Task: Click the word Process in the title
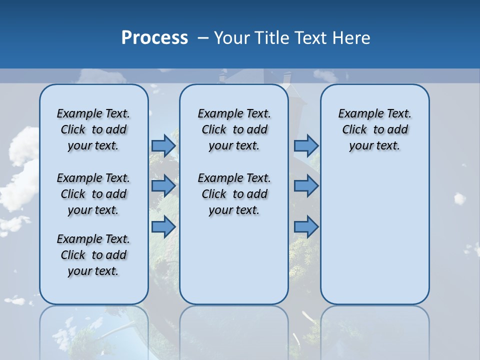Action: [x=154, y=37]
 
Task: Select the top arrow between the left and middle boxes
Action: [x=163, y=145]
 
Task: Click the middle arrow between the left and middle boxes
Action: [x=163, y=186]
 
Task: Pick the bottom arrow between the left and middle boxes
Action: [x=163, y=227]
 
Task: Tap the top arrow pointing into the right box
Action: [x=306, y=145]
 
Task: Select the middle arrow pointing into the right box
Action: [x=306, y=186]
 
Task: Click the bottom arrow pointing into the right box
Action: [x=306, y=227]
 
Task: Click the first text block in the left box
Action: [x=93, y=129]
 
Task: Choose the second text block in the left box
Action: [x=93, y=194]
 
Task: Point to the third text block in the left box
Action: [x=93, y=255]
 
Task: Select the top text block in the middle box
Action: [x=234, y=129]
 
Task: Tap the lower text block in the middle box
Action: [x=234, y=194]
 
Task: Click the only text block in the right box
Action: [x=374, y=129]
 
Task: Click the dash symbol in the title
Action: [x=203, y=37]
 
